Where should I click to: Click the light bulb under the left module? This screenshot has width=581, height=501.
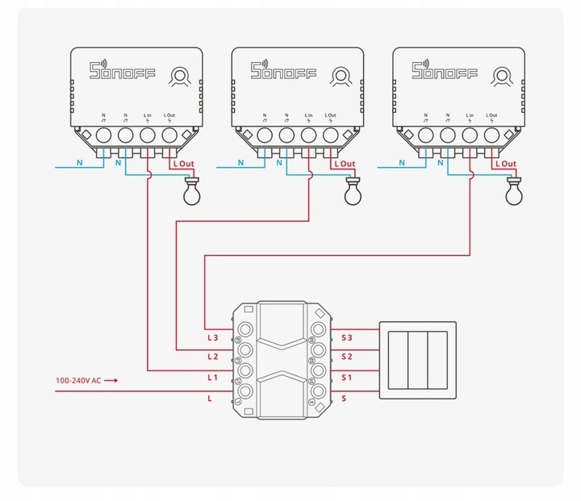click(190, 192)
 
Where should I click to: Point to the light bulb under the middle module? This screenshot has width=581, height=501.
click(352, 192)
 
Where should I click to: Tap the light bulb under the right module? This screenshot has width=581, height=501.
click(512, 192)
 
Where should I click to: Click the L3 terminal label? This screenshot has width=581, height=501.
click(213, 336)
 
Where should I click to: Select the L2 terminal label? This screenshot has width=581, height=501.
click(213, 356)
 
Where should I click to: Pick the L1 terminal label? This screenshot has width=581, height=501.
click(213, 377)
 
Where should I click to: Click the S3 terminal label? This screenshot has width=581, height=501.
click(347, 336)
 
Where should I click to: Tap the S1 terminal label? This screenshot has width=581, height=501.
click(347, 377)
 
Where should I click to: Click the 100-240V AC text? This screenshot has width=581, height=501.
click(78, 379)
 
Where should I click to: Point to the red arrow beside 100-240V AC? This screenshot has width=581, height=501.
click(112, 379)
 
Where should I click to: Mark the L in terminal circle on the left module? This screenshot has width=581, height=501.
click(148, 135)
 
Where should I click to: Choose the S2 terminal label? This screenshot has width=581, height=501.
click(347, 356)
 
